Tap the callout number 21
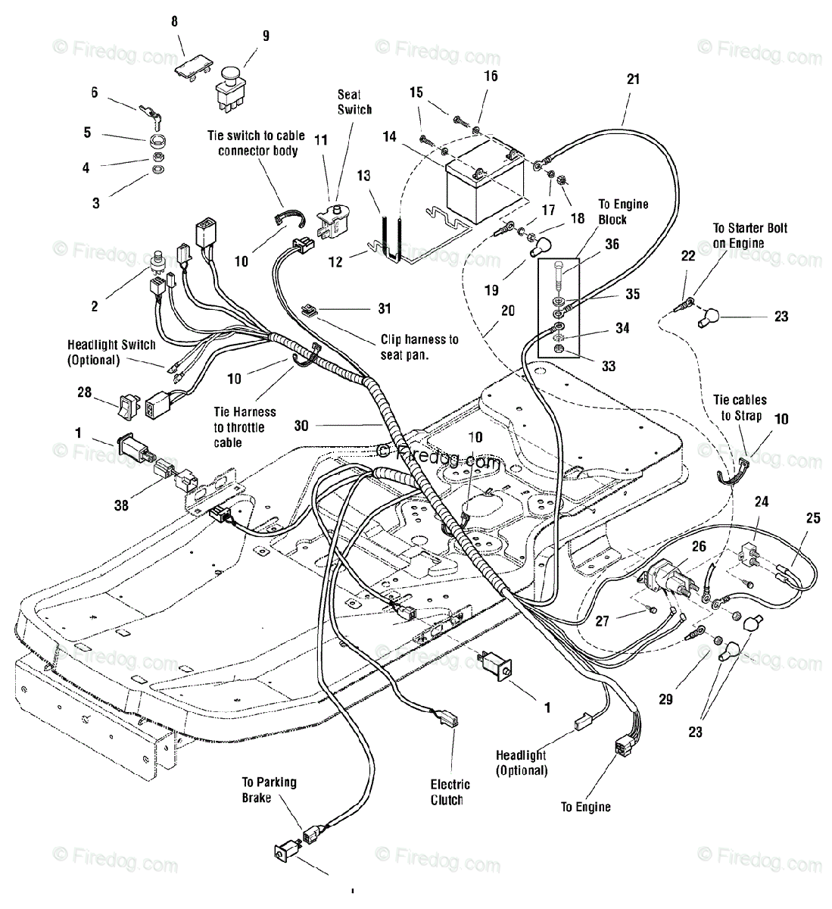[633, 80]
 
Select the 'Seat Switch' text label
[354, 102]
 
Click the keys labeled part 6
[151, 116]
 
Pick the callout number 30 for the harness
[301, 426]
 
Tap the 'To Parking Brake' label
[269, 790]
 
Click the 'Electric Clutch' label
[450, 792]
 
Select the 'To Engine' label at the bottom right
[586, 807]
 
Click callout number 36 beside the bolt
[612, 244]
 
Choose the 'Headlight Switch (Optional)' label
[111, 352]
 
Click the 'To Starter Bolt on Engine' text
[750, 236]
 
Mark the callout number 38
[121, 505]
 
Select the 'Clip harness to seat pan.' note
[419, 347]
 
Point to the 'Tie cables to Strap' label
[740, 408]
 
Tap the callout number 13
[363, 176]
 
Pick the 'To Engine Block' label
[623, 212]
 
